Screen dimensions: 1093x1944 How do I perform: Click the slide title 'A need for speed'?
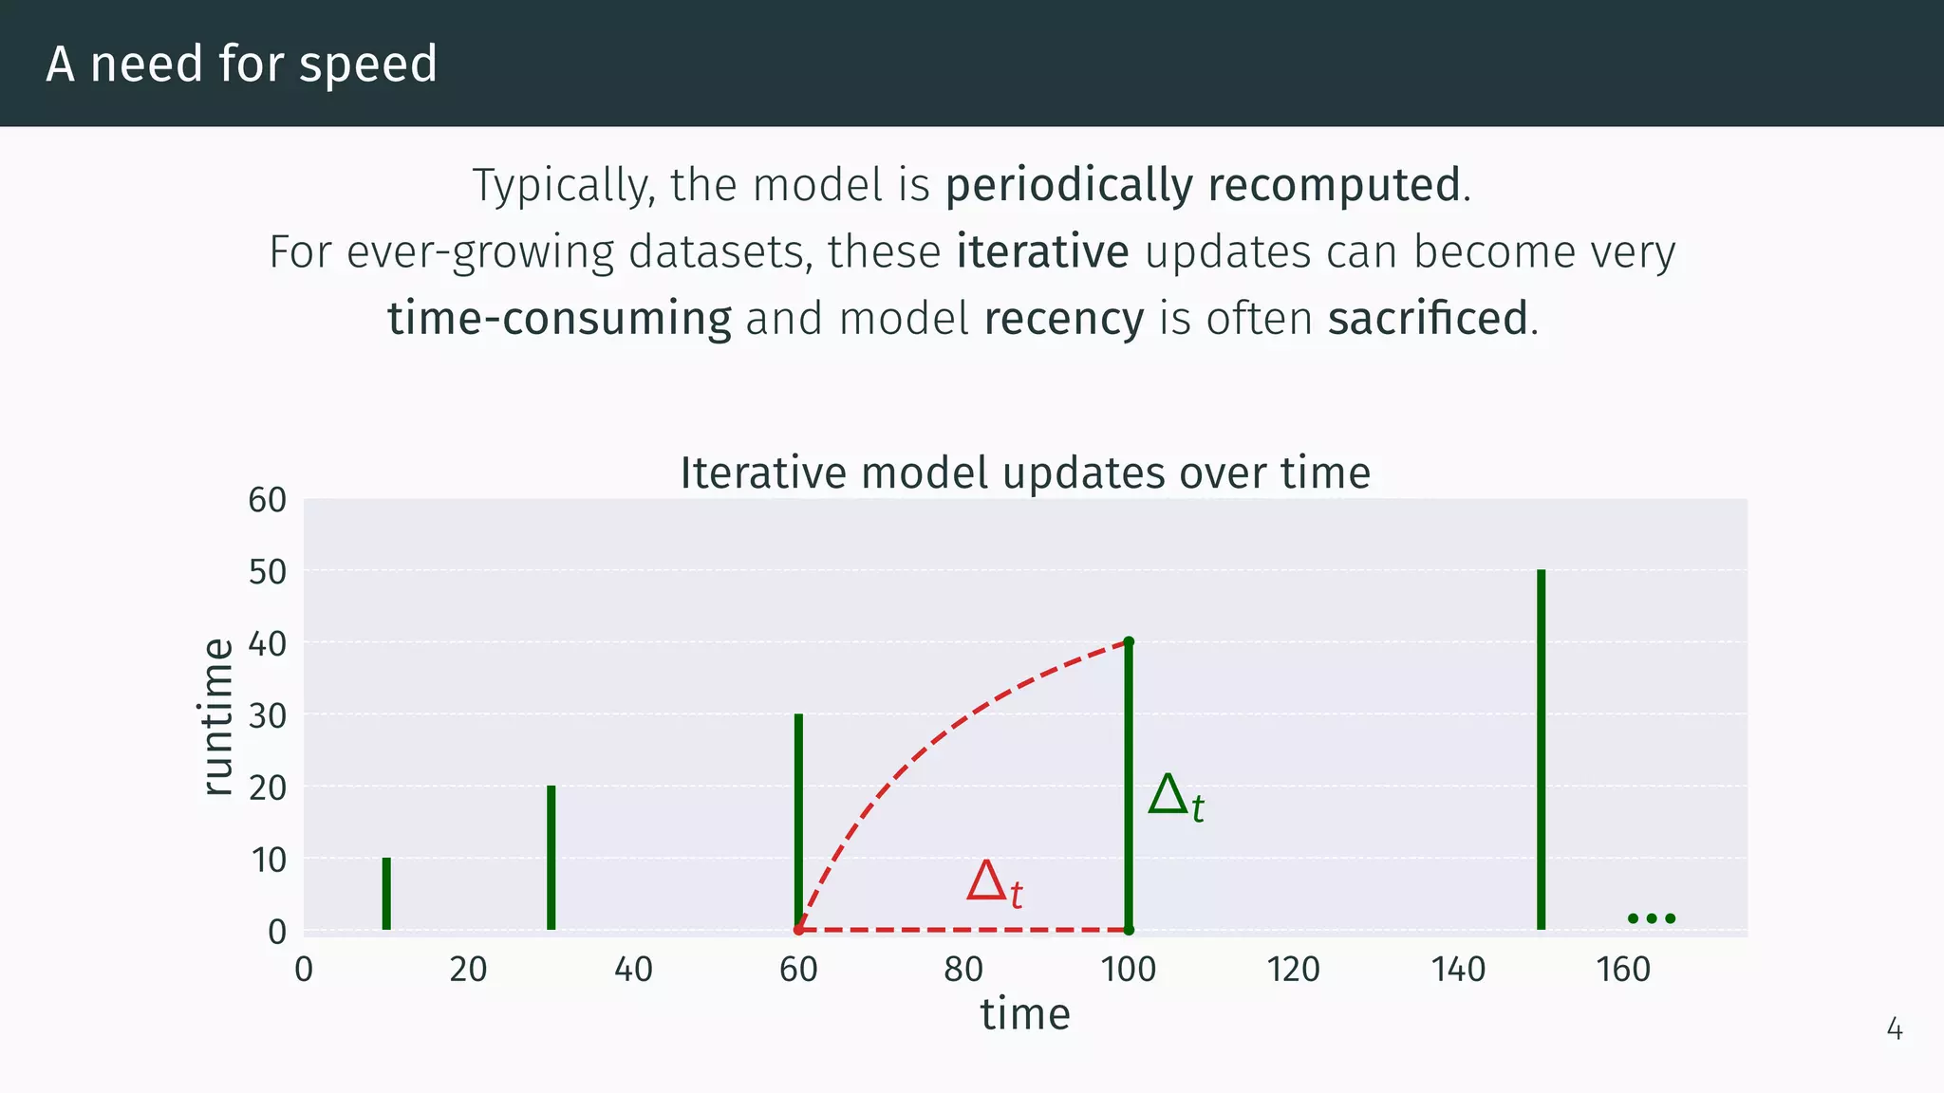pyautogui.click(x=241, y=65)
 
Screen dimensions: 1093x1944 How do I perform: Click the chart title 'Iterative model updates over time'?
pyautogui.click(x=1025, y=472)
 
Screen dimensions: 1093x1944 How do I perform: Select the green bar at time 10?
pyautogui.click(x=386, y=893)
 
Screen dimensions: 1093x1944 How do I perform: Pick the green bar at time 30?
pyautogui.click(x=551, y=857)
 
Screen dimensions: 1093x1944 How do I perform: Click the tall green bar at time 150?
pyautogui.click(x=1541, y=750)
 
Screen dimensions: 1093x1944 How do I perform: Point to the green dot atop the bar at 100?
pyautogui.click(x=1129, y=642)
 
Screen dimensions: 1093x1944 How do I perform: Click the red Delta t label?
pyautogui.click(x=994, y=883)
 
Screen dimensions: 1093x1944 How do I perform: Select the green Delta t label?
pyautogui.click(x=1175, y=797)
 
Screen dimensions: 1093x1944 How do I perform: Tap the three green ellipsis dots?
pyautogui.click(x=1651, y=917)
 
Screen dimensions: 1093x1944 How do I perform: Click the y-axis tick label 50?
pyautogui.click(x=268, y=572)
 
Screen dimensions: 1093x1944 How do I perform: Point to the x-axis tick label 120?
pyautogui.click(x=1293, y=970)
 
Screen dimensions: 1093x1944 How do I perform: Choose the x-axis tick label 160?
pyautogui.click(x=1623, y=970)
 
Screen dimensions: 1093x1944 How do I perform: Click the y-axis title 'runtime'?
pyautogui.click(x=218, y=716)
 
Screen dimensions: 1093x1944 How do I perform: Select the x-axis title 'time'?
pyautogui.click(x=1025, y=1014)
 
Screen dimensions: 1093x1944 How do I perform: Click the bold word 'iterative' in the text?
pyautogui.click(x=1042, y=252)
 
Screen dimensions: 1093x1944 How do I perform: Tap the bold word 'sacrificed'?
pyautogui.click(x=1427, y=319)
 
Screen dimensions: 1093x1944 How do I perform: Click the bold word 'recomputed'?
pyautogui.click(x=1334, y=185)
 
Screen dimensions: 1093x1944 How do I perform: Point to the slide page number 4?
pyautogui.click(x=1894, y=1029)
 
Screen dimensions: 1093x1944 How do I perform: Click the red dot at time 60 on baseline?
pyautogui.click(x=798, y=930)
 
